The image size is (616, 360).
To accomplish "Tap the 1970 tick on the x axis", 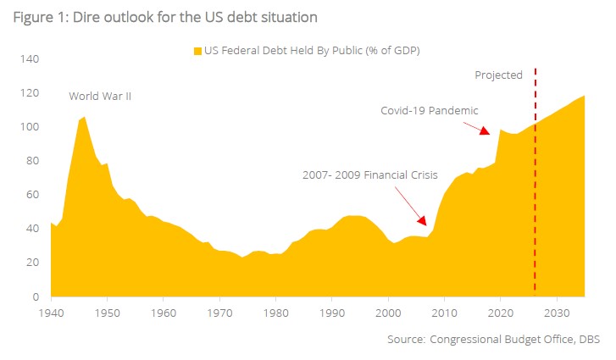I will pos(219,312).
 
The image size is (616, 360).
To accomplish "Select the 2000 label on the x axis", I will pos(388,312).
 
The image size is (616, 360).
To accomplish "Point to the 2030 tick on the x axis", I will pos(556,312).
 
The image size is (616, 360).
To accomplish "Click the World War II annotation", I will pos(100,97).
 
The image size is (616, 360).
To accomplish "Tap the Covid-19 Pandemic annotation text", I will pos(429,110).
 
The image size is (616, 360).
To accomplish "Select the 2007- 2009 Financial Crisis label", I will pos(369,175).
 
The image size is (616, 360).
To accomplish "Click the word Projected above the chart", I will pos(498,75).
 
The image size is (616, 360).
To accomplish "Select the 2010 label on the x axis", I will pos(444,312).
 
